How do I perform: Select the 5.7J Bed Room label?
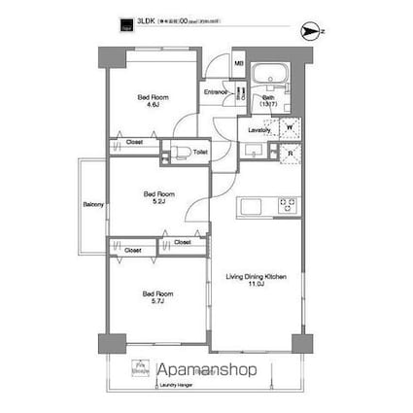click(157, 297)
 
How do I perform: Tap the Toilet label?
click(200, 152)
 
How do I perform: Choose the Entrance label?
click(216, 93)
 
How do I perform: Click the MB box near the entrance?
click(239, 65)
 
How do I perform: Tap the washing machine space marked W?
click(288, 125)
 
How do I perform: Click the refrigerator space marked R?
click(288, 152)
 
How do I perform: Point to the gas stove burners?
click(290, 205)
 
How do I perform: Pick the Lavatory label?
click(258, 129)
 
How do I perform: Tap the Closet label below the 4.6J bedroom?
click(135, 142)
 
